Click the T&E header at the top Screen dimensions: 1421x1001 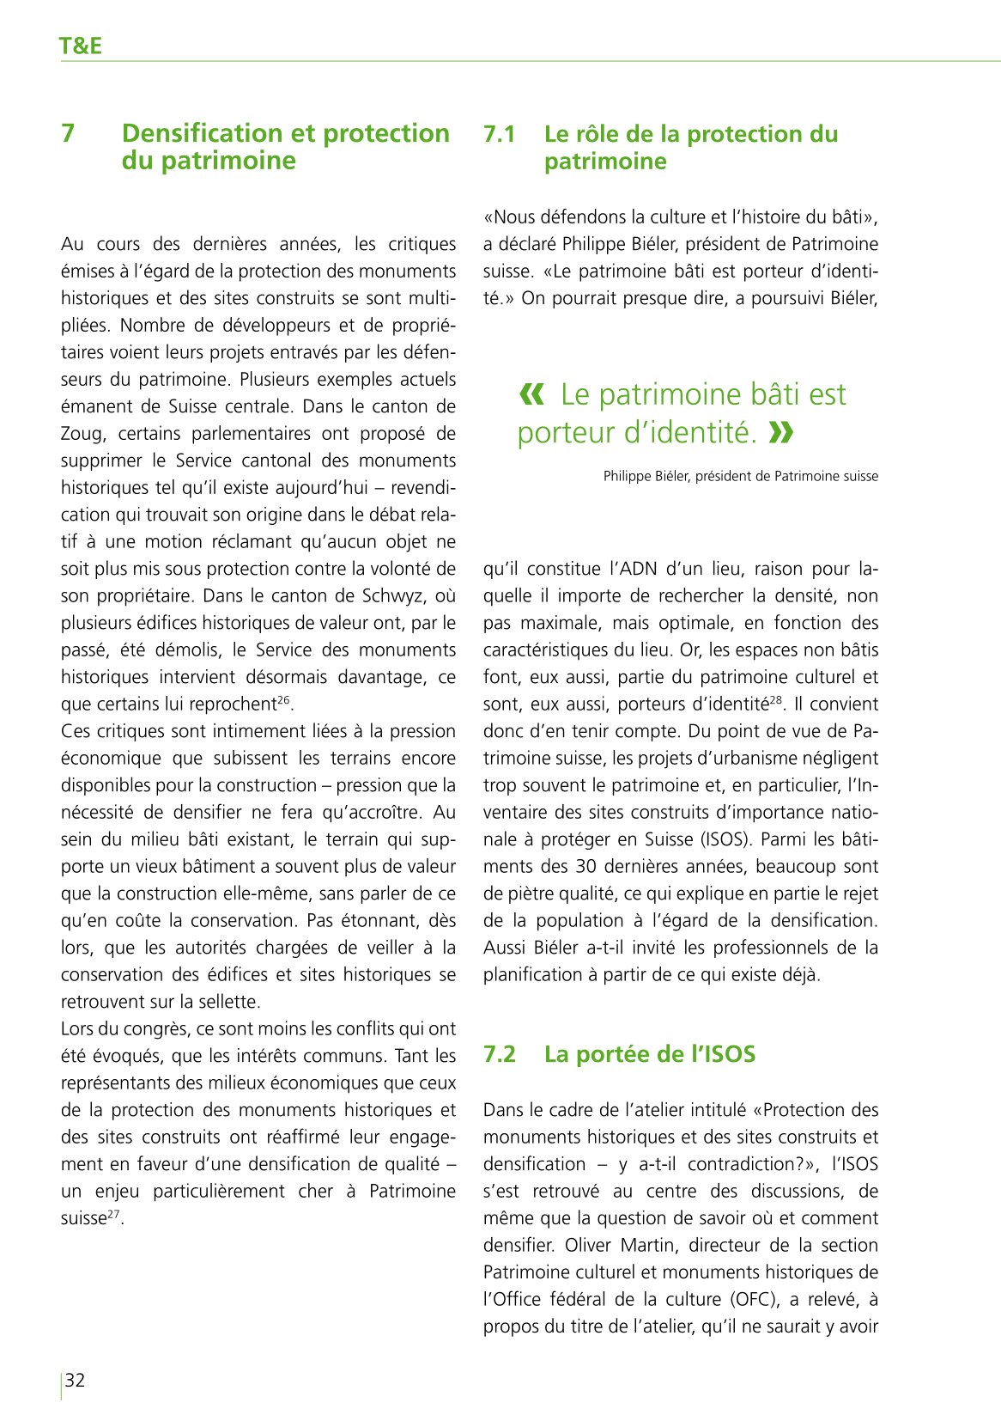(81, 46)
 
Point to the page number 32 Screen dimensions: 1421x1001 (76, 1380)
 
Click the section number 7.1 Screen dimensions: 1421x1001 (500, 134)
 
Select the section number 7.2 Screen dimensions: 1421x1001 (500, 1054)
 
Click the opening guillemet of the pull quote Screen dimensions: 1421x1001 (532, 394)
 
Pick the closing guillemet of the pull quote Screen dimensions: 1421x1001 (781, 432)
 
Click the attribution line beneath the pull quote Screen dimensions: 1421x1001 (740, 476)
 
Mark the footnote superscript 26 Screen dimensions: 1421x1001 (283, 700)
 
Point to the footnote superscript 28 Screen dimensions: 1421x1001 (776, 700)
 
